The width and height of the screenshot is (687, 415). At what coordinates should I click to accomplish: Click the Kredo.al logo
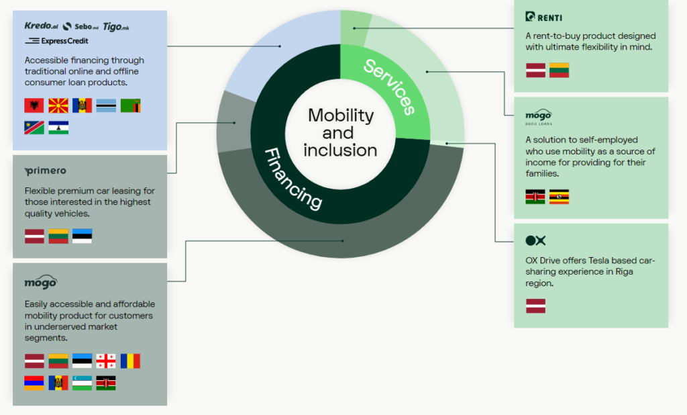pos(41,26)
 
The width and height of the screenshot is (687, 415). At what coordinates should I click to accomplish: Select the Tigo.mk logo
pos(115,26)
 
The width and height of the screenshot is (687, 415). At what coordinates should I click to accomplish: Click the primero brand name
pos(45,171)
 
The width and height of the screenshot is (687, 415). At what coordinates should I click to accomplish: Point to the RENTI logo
pos(544,17)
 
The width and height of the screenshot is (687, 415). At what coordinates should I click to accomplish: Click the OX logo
pos(535,240)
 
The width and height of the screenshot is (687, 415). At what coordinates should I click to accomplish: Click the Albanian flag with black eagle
pos(34,105)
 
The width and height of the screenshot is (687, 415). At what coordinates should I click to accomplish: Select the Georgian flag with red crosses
pos(106,361)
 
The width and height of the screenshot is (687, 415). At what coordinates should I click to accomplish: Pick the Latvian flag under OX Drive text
pos(535,306)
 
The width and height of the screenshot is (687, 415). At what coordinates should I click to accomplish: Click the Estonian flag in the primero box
pos(82,236)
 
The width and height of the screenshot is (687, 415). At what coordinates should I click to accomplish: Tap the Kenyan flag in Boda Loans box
pos(535,197)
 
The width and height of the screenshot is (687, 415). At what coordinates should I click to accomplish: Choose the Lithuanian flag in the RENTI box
pos(559,70)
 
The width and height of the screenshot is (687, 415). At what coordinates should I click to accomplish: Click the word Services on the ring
pos(388,86)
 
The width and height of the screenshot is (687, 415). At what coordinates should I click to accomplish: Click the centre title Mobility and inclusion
pos(340,132)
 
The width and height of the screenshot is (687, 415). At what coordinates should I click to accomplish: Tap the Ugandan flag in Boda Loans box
pos(559,197)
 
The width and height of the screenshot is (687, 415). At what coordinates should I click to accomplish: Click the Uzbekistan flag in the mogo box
pos(82,383)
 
